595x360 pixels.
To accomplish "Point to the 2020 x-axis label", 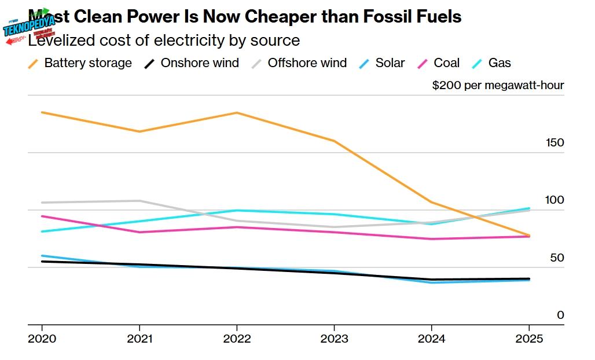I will coord(42,339).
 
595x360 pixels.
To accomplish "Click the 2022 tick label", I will coord(237,339).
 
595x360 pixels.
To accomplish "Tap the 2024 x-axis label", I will coord(431,339).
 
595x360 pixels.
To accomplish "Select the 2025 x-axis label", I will coord(528,339).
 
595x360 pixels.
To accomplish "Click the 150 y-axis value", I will coord(554,143).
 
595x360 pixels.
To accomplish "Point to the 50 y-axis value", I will coord(557,258).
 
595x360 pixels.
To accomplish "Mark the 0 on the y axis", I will coord(560,315).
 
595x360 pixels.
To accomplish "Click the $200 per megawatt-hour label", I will coord(498,86).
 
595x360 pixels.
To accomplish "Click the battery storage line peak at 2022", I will coord(237,112).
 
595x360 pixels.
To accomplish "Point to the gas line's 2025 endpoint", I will coord(528,208).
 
